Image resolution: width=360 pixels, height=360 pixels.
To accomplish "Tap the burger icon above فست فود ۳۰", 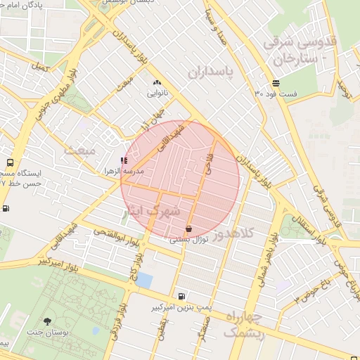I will point(276,83).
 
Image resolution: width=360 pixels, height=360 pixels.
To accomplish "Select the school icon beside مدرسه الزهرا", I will point(124,161).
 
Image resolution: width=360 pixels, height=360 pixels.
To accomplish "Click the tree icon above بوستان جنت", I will point(47,321).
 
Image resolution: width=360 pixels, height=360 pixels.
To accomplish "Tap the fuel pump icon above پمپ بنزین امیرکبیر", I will point(183,296).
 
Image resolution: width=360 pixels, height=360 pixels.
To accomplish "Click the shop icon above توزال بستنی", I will point(188,229).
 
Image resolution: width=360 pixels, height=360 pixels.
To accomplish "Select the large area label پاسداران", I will point(209,72).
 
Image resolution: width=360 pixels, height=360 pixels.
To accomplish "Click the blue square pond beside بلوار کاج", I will point(144,279).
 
